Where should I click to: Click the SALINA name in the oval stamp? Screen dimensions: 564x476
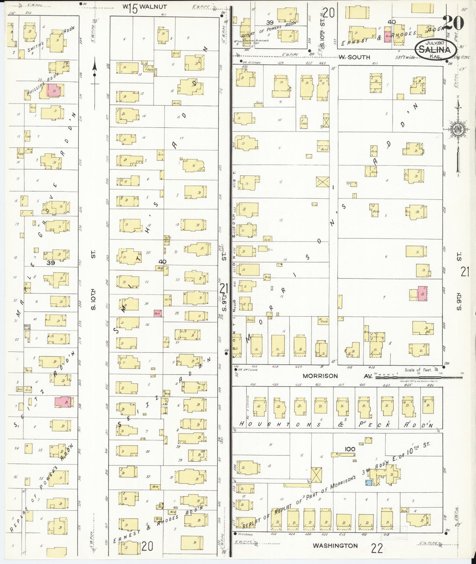tap(435, 50)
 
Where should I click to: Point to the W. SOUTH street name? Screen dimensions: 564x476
tap(354, 57)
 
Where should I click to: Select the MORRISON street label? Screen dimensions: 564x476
tap(320, 376)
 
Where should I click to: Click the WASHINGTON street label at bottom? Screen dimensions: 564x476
tap(335, 546)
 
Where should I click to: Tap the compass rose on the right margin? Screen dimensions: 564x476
tap(458, 128)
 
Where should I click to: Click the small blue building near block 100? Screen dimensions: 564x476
tap(369, 483)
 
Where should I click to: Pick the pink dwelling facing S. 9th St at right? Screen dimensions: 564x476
tap(422, 293)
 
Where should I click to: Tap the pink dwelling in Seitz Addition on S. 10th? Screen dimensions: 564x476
tap(63, 402)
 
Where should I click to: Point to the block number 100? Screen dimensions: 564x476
tap(350, 449)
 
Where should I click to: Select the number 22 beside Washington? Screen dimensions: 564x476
tap(377, 549)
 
